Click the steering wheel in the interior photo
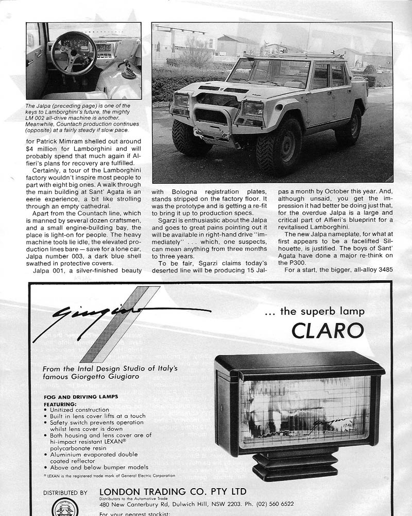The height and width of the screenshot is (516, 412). click(x=74, y=53)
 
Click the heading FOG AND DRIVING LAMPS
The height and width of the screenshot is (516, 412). click(x=81, y=396)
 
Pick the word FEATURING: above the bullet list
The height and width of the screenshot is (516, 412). click(x=63, y=404)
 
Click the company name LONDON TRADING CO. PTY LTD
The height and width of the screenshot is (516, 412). click(x=173, y=491)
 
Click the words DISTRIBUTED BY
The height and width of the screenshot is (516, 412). click(x=65, y=493)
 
